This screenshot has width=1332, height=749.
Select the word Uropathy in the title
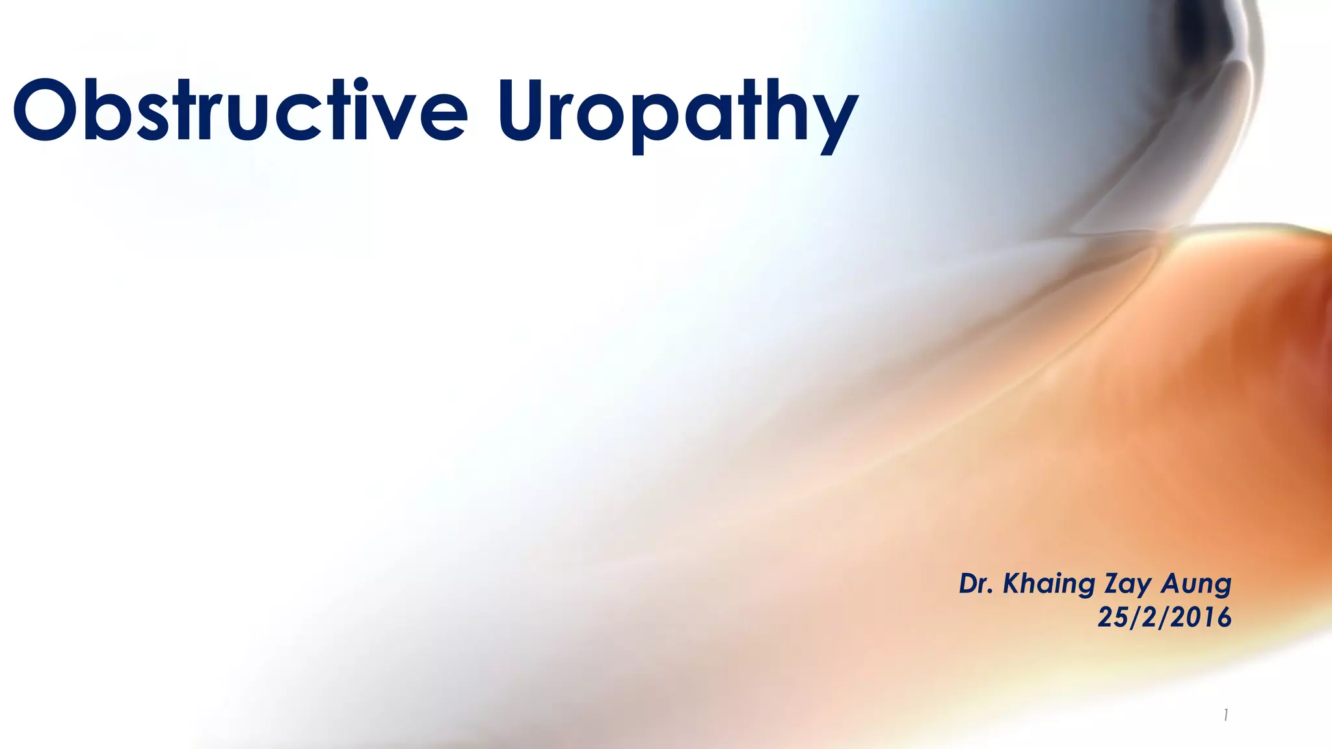point(676,114)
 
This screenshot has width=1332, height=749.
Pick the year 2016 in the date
point(1203,617)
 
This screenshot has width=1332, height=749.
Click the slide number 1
point(1225,716)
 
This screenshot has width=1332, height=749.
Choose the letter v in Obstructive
point(395,117)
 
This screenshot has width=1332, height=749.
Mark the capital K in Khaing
point(1013,584)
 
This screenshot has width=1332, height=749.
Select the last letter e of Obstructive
point(442,117)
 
